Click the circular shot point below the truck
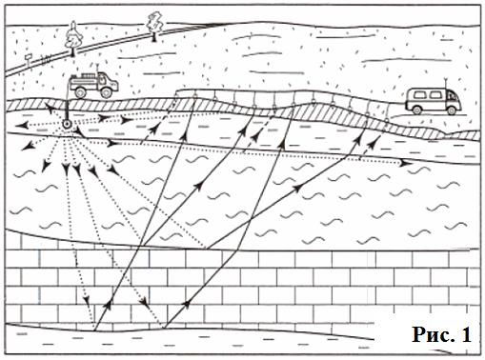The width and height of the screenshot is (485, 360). pos(68,124)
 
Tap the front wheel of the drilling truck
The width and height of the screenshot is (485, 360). pos(106,92)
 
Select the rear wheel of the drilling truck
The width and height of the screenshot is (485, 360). pos(80,91)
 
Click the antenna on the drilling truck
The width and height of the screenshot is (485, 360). pos(97,68)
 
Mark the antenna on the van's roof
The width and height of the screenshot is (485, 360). pos(446,83)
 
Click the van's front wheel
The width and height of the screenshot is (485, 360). pos(451,110)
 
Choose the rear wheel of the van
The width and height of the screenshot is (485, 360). pos(416,110)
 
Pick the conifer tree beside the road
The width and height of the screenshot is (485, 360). pos(73,38)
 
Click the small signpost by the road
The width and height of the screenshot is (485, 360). pos(29,60)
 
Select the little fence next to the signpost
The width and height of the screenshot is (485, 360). pos(46,58)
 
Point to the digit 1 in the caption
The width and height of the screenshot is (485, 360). pos(466,334)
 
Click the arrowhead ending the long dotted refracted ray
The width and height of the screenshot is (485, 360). pos(405,164)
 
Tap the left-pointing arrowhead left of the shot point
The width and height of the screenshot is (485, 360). pos(21,126)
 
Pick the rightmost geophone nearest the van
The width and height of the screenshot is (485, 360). pos(387,119)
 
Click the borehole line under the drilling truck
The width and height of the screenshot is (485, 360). pos(67,107)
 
